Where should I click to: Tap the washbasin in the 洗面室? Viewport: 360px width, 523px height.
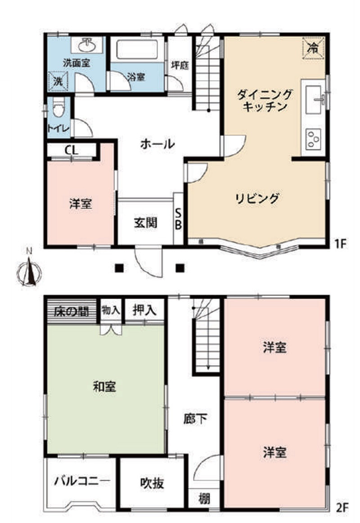point(87,45)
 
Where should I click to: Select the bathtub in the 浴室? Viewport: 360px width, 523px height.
point(137,49)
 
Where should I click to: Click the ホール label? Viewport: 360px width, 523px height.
point(157,144)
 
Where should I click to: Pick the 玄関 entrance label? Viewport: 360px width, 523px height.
point(146,222)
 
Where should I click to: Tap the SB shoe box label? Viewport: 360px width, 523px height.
point(178,219)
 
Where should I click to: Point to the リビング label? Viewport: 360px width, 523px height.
point(257,198)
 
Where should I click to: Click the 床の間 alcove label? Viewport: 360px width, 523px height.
point(71,311)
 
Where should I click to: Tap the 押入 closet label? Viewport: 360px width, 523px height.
point(144,310)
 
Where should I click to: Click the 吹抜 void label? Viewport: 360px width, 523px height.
point(152,484)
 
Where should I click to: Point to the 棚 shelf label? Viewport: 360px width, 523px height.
point(204,499)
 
